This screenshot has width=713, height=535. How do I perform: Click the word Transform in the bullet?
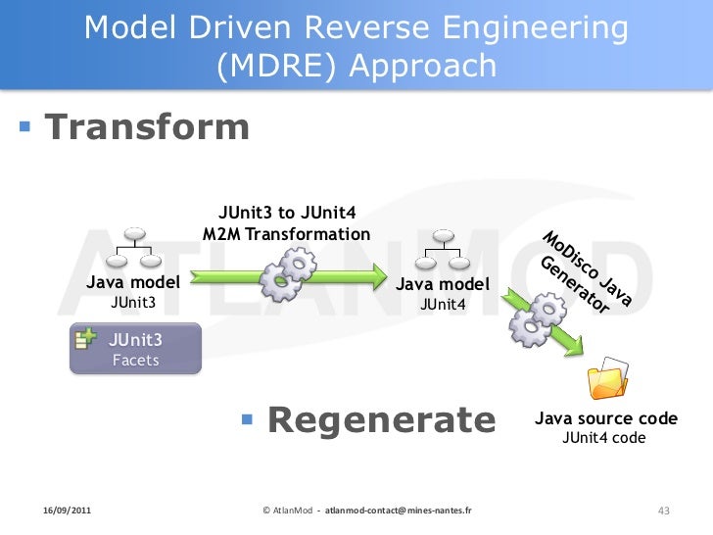click(147, 128)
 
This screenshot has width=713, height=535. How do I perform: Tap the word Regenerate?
click(382, 420)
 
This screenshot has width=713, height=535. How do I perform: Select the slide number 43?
click(663, 511)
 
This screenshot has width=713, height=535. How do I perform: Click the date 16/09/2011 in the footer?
click(68, 511)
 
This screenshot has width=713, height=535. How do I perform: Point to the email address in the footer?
click(399, 511)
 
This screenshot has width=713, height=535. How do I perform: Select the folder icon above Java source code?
click(606, 383)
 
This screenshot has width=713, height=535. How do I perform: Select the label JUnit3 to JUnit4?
click(286, 213)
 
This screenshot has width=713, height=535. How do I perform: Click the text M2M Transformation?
click(286, 234)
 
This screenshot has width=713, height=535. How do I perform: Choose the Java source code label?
click(605, 418)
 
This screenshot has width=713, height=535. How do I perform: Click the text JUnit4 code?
click(604, 438)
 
